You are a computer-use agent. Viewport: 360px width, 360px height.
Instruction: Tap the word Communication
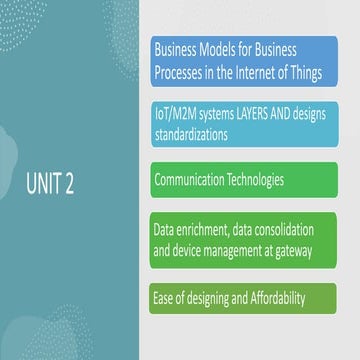pyautogui.click(x=195, y=181)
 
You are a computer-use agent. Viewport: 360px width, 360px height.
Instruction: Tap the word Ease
pyautogui.click(x=166, y=299)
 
